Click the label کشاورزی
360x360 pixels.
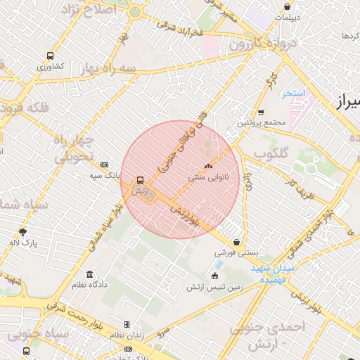click(x=51, y=67)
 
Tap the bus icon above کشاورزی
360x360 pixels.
click(x=50, y=56)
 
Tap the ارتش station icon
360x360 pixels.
click(x=140, y=180)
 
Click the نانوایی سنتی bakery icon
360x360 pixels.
click(x=207, y=167)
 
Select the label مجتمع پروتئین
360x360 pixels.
click(x=261, y=122)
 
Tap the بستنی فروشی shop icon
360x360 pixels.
click(x=236, y=241)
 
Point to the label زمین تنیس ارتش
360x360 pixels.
click(x=214, y=287)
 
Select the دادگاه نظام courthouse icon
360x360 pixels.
click(x=89, y=274)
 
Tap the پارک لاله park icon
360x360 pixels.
click(x=23, y=232)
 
